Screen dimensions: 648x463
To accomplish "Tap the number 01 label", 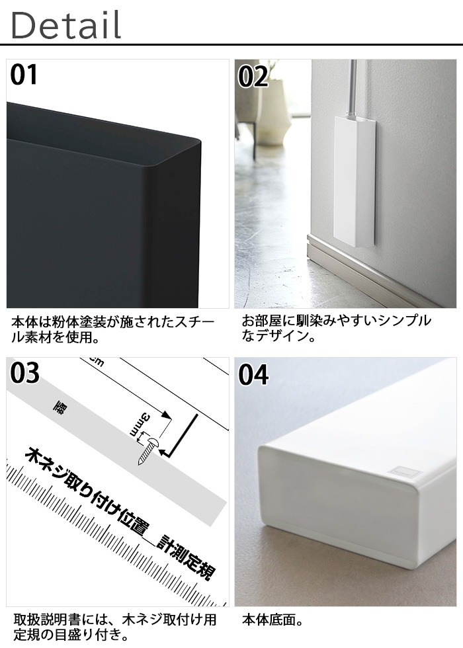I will (x=24, y=75).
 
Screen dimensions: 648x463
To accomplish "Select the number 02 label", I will (x=253, y=77).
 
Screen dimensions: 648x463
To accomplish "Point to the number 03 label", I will (x=25, y=374).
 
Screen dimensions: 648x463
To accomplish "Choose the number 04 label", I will (x=254, y=375).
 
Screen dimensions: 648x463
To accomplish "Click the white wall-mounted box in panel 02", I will (x=355, y=179).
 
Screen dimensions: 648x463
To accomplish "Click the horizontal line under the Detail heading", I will (x=232, y=46).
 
